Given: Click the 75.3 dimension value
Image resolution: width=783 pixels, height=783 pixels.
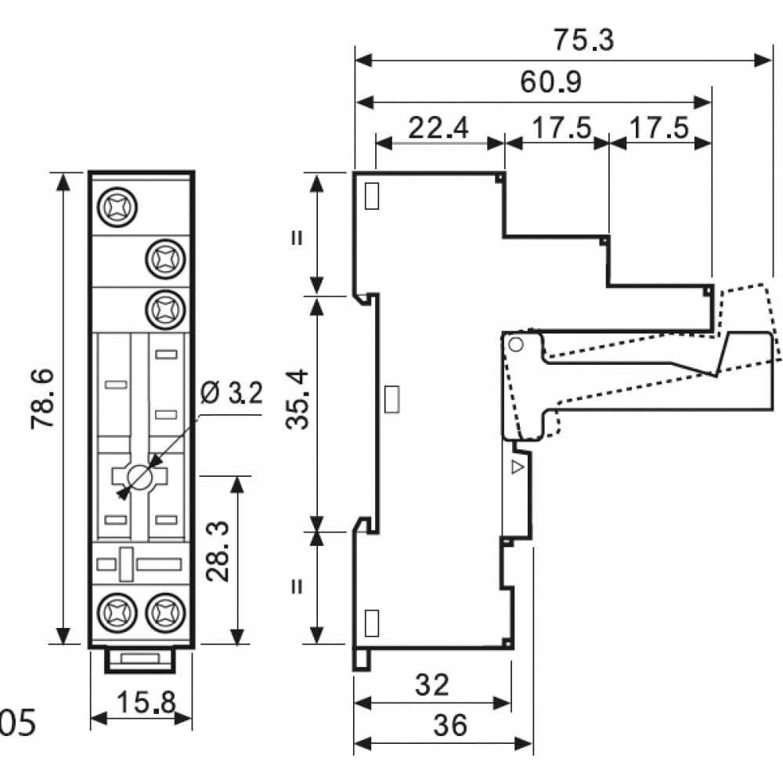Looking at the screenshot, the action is (584, 40).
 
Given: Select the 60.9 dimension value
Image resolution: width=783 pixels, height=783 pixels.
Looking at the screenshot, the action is (550, 82).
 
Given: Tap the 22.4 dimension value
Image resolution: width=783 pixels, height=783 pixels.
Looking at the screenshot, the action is (438, 128).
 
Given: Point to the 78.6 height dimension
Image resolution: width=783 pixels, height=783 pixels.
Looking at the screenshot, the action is (42, 399).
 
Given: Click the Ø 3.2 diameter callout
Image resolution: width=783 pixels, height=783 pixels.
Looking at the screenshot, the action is (232, 392).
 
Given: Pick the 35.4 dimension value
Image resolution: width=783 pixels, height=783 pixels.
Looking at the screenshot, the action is (298, 399).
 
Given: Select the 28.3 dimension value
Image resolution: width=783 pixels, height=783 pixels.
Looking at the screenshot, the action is (218, 551).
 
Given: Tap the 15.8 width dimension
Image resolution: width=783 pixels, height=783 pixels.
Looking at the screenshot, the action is (146, 702).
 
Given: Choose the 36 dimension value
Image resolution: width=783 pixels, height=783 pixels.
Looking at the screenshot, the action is (450, 725).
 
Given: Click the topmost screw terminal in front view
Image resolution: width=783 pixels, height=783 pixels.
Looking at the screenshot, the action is (117, 207).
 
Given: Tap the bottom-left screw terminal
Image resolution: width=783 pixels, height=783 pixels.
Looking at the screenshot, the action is (117, 613).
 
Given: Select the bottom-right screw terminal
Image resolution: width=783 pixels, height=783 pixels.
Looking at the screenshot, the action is (165, 613).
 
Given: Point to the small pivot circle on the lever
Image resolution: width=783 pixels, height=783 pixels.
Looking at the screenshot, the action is (516, 344).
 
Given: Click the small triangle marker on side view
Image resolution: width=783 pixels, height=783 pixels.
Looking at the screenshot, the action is (518, 467).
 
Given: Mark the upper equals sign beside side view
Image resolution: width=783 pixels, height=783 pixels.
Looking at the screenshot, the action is (298, 237).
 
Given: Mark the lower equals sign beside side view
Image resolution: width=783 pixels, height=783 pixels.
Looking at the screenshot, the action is (298, 586).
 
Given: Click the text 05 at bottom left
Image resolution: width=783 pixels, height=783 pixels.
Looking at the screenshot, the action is (17, 723).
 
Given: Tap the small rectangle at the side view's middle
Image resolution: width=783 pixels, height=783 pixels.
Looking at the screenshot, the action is (392, 399).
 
